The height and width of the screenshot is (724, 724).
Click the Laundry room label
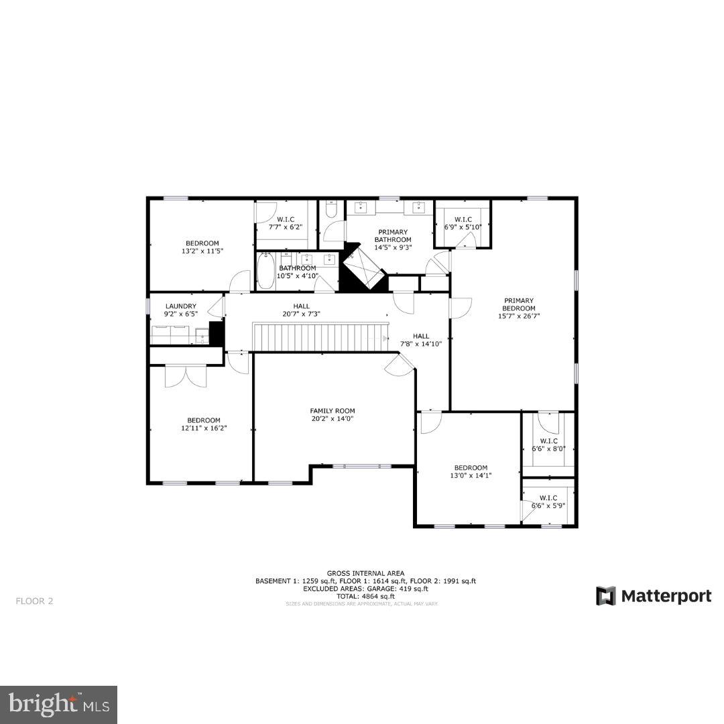(x=181, y=306)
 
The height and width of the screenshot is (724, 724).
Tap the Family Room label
(x=332, y=411)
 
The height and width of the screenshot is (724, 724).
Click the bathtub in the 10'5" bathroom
(x=265, y=270)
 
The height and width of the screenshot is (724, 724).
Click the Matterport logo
(x=654, y=595)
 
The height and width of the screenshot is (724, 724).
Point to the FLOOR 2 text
(x=34, y=601)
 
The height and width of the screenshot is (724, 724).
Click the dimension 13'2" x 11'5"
(x=201, y=251)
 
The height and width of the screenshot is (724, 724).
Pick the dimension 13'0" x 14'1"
(x=471, y=476)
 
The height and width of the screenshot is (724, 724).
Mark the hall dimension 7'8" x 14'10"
(x=421, y=345)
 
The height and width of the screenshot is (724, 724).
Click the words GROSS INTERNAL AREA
(x=365, y=573)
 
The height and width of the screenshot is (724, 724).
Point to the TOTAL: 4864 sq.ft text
(x=365, y=596)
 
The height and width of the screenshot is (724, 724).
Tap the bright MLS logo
(x=58, y=704)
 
